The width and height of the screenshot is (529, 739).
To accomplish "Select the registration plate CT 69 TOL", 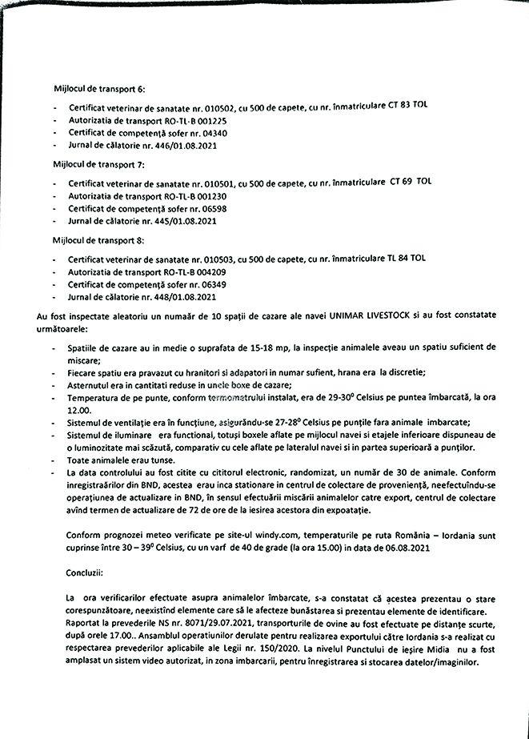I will point(411,182).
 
